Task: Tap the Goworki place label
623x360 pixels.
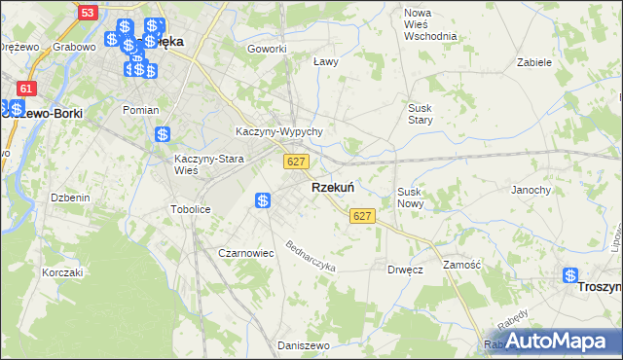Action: click(x=267, y=49)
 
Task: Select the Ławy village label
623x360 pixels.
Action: click(x=325, y=61)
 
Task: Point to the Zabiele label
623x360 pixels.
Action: click(x=534, y=61)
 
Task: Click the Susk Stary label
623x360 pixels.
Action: click(x=420, y=114)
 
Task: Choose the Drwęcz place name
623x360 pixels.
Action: click(x=404, y=270)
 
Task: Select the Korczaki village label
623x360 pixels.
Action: click(x=62, y=272)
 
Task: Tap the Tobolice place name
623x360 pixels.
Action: click(x=191, y=209)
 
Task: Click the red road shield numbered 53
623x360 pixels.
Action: click(x=88, y=13)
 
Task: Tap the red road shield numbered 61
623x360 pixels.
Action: click(x=26, y=89)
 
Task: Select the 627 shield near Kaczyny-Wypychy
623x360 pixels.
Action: click(x=297, y=161)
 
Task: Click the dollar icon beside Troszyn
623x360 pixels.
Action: click(x=570, y=276)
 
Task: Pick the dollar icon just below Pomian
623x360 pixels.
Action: click(x=164, y=134)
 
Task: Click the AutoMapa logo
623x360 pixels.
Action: click(x=551, y=342)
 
